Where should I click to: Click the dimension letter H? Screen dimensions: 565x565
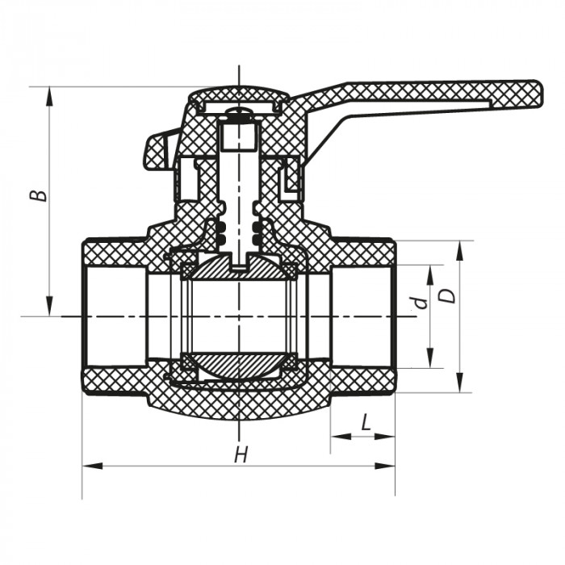[x=240, y=455]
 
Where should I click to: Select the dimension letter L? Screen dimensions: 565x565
[x=365, y=422]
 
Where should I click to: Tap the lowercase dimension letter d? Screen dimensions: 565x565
[x=418, y=303]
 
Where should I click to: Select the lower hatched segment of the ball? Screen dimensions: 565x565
[x=239, y=367]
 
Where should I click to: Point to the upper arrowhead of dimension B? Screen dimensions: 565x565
[x=50, y=92]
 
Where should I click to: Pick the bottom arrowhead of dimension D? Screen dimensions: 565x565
[x=458, y=386]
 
